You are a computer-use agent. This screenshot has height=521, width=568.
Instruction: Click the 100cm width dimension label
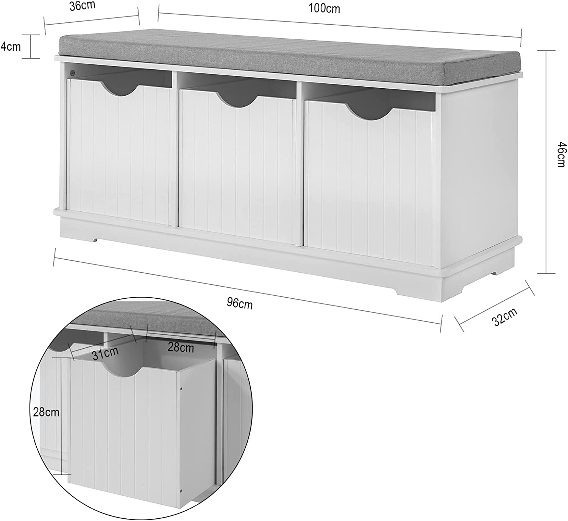(324, 9)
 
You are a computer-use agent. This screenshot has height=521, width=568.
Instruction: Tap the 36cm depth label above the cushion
(83, 6)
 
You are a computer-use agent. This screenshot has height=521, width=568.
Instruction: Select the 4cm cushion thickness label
(11, 47)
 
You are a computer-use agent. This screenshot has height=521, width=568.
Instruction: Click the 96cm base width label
(240, 304)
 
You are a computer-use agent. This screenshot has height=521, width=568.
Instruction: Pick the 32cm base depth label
(506, 317)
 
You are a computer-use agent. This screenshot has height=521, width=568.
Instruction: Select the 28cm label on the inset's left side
(46, 412)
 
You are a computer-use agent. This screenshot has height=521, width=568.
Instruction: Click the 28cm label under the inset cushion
(181, 347)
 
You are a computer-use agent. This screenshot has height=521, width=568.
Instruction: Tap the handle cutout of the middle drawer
(239, 100)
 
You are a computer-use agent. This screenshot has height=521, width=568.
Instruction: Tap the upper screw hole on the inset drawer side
(182, 389)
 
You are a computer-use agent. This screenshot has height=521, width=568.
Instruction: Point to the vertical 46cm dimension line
(546, 162)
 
